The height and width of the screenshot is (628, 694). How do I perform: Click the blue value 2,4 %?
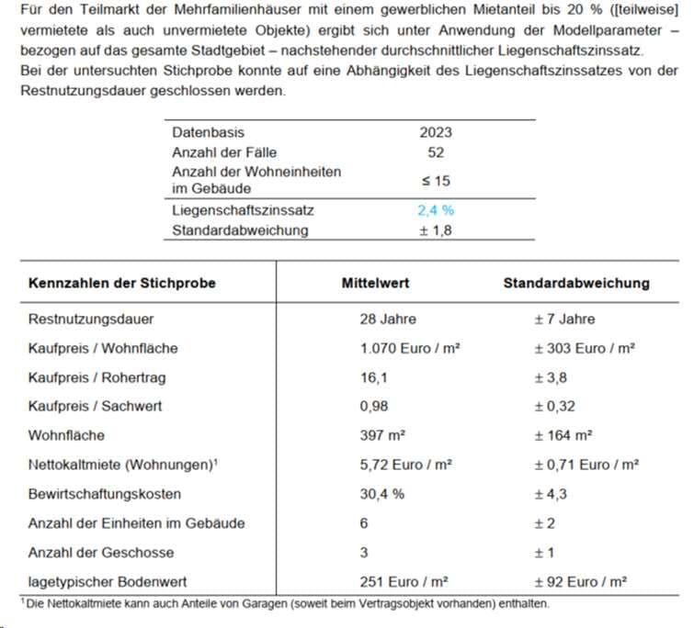coord(435,210)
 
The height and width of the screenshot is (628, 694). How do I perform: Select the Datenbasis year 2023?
coord(435,132)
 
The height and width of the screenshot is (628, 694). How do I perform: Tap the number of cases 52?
coord(436,151)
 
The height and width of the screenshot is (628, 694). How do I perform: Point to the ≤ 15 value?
coord(436,180)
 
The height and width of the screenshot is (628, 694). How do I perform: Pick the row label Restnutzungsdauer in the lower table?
coord(91,320)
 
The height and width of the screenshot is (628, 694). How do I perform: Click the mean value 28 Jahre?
coord(388,320)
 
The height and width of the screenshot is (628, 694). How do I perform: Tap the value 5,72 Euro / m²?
coord(405,465)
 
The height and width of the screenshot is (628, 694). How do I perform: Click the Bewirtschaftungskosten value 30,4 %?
coord(380,494)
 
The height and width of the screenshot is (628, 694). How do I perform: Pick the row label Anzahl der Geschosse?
coord(101,553)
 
